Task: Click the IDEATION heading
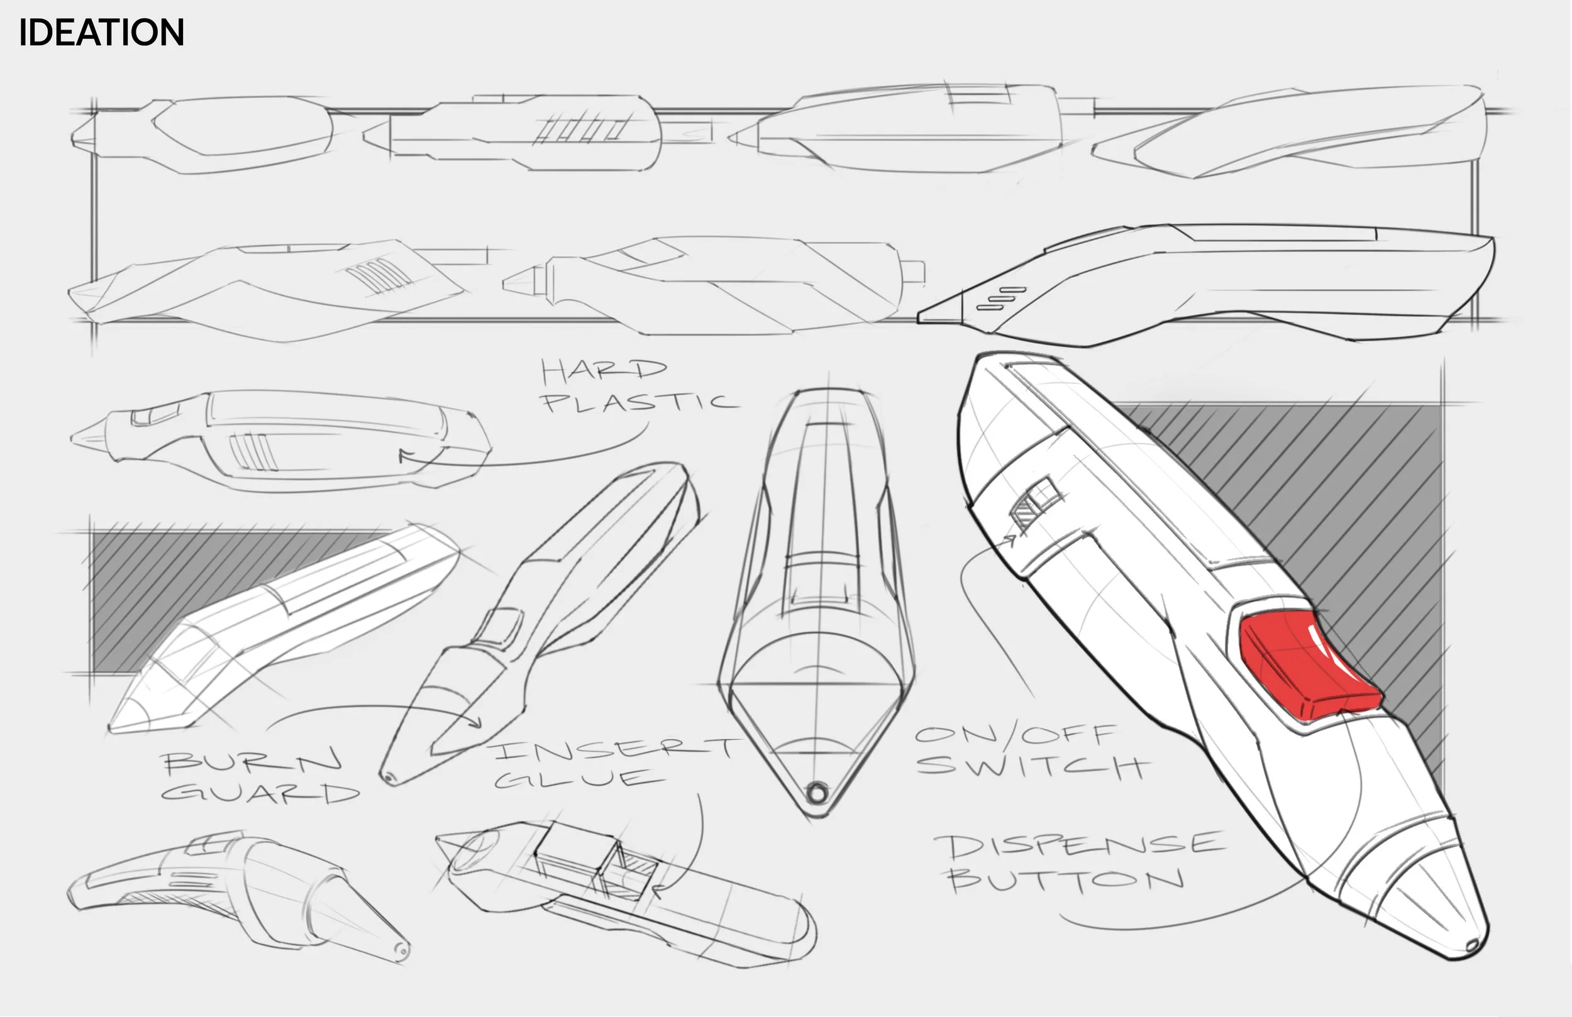click(x=101, y=32)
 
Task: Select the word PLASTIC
click(x=638, y=402)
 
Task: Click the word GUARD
click(x=260, y=793)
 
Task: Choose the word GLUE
click(x=578, y=779)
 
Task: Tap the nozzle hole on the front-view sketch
click(x=817, y=792)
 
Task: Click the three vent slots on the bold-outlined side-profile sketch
click(x=1001, y=299)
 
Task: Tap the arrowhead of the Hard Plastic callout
click(x=403, y=455)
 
